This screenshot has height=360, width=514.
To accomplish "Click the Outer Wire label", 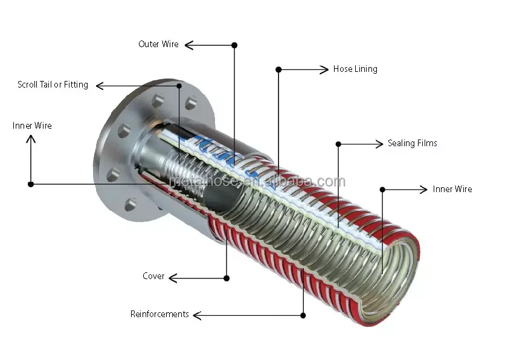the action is [x=158, y=44].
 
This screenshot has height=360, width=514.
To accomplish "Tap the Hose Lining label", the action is [x=355, y=69].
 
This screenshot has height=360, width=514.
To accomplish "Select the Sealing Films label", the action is [x=413, y=143].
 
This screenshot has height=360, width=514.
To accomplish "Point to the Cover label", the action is [x=153, y=276].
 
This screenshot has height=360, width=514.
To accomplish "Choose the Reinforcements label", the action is [x=159, y=314].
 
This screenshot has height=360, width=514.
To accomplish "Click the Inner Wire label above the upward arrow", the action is [x=32, y=126].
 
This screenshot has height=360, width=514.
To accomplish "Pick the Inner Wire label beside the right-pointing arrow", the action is [x=452, y=189].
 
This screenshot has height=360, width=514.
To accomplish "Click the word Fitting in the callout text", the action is [x=76, y=85].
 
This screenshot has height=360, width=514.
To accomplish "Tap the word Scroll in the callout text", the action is [x=28, y=85].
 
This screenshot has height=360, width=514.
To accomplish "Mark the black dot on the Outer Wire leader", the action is [x=234, y=45].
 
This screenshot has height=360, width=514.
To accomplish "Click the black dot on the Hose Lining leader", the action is [x=278, y=69].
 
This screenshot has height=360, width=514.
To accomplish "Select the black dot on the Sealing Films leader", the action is [x=339, y=144].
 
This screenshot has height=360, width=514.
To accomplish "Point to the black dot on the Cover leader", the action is [x=226, y=278].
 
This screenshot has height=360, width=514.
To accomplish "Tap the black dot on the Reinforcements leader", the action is [x=303, y=315].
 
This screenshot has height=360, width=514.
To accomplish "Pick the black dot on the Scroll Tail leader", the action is [x=179, y=86].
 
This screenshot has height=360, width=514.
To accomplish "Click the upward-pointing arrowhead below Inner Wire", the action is [x=31, y=139].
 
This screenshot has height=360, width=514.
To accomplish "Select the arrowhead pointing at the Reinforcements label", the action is [x=197, y=315].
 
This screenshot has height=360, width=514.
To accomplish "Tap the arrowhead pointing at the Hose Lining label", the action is [x=324, y=69].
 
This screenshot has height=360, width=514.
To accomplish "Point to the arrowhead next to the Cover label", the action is [x=173, y=278].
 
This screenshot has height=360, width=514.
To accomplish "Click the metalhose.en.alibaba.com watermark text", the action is [x=257, y=181].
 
